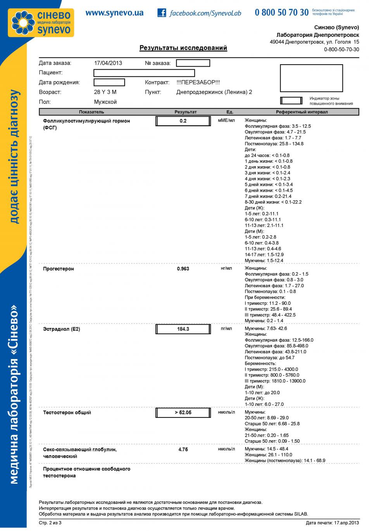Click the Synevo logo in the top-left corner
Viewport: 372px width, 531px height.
pos(41,22)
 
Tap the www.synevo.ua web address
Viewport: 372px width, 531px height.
pos(114,13)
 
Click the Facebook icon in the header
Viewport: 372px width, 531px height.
pos(162,13)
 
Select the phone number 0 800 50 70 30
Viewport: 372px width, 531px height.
pos(281,12)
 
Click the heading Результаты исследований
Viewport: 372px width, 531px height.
pos(183,48)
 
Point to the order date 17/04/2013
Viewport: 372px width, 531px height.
pos(108,63)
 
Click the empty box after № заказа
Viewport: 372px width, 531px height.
pos(193,63)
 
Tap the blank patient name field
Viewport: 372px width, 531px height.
pos(144,73)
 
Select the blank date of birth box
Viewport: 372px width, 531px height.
pos(109,82)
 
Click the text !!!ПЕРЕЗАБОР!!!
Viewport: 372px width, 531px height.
pos(198,82)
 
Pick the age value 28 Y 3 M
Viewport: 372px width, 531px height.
pos(105,92)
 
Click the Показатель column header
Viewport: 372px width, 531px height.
pos(91,112)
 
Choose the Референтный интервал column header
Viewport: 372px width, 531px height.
pos(301,112)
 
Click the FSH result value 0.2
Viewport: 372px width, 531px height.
pos(183,121)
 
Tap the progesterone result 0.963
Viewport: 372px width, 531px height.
pos(183,269)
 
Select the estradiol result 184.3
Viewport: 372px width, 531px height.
pos(183,329)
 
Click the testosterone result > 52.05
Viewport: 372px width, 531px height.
pos(183,412)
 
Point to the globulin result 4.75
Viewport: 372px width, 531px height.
pos(183,450)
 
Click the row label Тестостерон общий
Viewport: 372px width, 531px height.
pos(67,412)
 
